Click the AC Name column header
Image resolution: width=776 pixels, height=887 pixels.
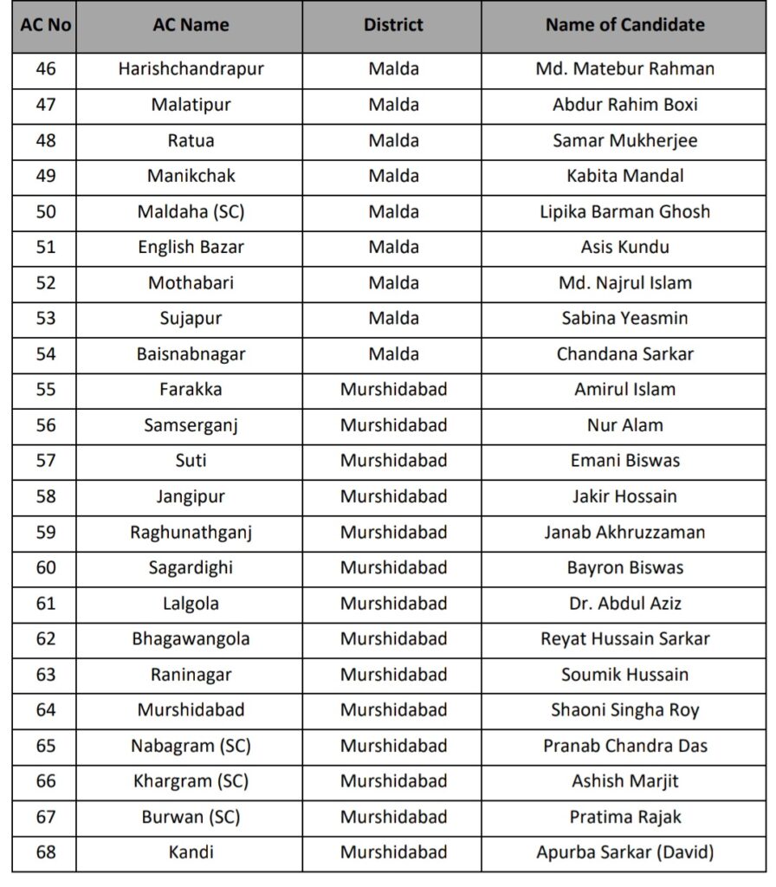pyautogui.click(x=191, y=25)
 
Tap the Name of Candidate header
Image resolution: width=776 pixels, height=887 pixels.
pyautogui.click(x=624, y=25)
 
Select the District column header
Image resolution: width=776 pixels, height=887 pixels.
pyautogui.click(x=393, y=25)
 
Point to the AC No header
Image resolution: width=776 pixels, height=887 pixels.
pyautogui.click(x=45, y=25)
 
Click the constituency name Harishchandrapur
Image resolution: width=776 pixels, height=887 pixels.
pyautogui.click(x=191, y=68)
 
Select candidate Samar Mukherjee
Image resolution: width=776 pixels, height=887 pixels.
pyautogui.click(x=624, y=140)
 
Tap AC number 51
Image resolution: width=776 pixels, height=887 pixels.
pyautogui.click(x=45, y=247)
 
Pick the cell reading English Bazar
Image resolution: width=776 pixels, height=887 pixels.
pyautogui.click(x=191, y=247)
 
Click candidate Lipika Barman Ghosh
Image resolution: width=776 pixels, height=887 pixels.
pyautogui.click(x=624, y=211)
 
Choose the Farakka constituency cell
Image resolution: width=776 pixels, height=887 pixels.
pyautogui.click(x=191, y=389)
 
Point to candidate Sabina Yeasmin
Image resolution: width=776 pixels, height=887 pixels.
pyautogui.click(x=624, y=318)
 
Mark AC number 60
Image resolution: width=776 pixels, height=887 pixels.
pyautogui.click(x=45, y=567)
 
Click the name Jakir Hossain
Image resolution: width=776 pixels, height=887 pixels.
pyautogui.click(x=624, y=496)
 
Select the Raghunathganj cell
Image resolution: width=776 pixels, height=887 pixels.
pyautogui.click(x=191, y=532)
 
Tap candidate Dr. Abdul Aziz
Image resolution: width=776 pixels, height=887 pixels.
pyautogui.click(x=624, y=603)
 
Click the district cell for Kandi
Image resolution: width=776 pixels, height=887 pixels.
pyautogui.click(x=393, y=852)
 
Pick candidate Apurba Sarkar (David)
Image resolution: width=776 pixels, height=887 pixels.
pyautogui.click(x=624, y=852)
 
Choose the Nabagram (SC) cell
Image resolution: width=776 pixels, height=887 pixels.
pyautogui.click(x=191, y=745)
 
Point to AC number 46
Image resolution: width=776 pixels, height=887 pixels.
pyautogui.click(x=45, y=68)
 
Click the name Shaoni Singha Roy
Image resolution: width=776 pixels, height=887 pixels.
pyautogui.click(x=624, y=709)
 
